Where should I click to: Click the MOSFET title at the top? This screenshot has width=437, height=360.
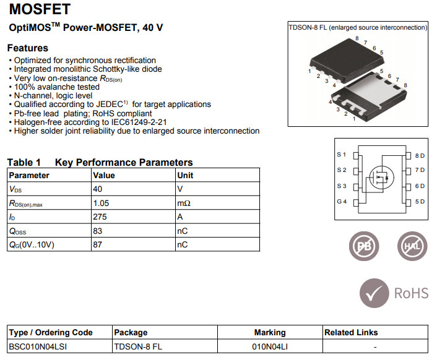[40, 10]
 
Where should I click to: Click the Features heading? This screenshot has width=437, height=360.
[27, 48]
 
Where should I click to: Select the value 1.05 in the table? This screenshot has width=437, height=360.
[100, 203]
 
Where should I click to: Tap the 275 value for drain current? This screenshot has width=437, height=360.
[100, 217]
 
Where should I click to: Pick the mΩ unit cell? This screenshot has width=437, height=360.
[183, 203]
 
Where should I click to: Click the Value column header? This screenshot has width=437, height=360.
[103, 175]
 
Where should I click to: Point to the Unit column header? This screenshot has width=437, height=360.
[185, 175]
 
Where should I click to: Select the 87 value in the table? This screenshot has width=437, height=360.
[97, 245]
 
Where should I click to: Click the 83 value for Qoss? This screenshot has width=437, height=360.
[97, 231]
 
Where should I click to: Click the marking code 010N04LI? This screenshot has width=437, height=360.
[270, 346]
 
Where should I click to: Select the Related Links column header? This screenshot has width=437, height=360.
[351, 333]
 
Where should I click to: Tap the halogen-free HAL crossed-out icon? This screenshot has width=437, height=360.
[412, 246]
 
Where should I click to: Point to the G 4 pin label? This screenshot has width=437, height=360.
[342, 202]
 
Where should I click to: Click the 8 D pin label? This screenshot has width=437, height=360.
[420, 155]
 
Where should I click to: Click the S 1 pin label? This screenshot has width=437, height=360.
[342, 155]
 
